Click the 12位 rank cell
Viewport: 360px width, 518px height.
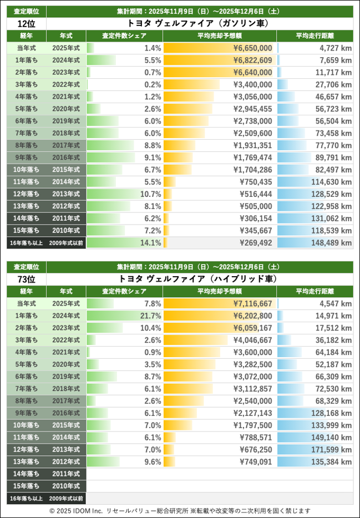point(26,23)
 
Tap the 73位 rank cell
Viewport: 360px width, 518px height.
point(26,278)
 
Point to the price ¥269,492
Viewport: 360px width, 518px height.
point(256,242)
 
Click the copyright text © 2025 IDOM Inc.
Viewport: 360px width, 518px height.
point(75,511)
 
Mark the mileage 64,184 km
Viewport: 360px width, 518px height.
point(332,352)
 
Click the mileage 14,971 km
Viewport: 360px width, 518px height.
point(332,316)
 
